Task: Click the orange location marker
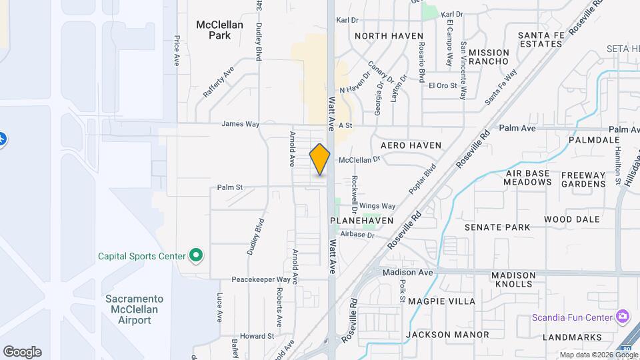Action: pos(320,159)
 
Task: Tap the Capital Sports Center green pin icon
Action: pos(195,255)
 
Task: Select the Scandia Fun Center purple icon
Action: pos(623,315)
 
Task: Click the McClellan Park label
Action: pos(219,29)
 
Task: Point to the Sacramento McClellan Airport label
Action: pos(134,309)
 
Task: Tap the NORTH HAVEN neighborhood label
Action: pos(389,36)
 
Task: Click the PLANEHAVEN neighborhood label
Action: pos(362,220)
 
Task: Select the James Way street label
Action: pos(240,124)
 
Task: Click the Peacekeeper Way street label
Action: pos(261,279)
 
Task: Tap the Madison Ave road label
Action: pos(407,273)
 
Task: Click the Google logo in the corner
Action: pos(22,352)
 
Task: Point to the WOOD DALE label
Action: pos(571,219)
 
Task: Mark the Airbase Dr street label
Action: pos(357,235)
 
